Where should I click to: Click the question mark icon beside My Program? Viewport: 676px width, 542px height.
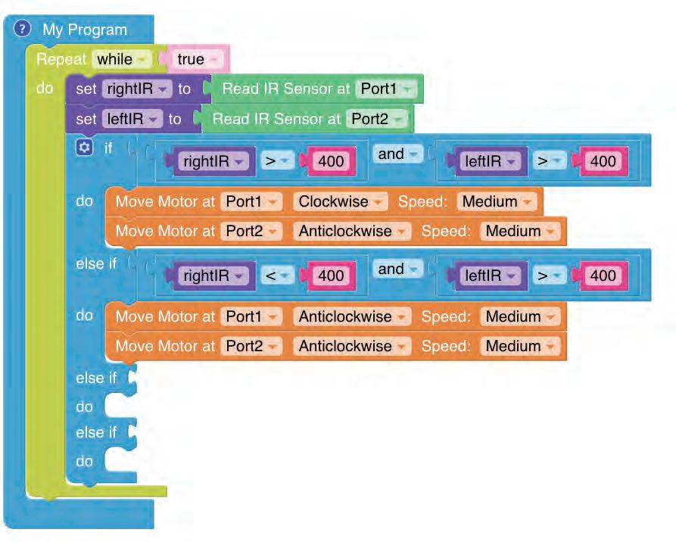click(x=23, y=30)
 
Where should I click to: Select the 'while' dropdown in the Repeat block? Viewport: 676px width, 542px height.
click(x=121, y=59)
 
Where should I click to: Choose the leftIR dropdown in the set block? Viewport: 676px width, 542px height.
click(x=132, y=119)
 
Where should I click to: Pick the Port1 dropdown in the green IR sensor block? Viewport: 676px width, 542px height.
click(x=386, y=89)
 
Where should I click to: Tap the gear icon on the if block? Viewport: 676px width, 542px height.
click(x=85, y=148)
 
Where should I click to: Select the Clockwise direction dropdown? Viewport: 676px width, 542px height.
click(x=338, y=201)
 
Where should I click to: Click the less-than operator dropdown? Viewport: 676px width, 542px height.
click(x=276, y=276)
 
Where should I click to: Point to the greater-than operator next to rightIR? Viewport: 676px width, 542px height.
click(x=276, y=160)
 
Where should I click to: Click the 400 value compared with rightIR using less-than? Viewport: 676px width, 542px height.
click(x=331, y=276)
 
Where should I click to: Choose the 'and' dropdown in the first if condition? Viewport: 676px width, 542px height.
click(x=397, y=154)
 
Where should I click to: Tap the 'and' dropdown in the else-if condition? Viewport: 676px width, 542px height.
click(x=397, y=269)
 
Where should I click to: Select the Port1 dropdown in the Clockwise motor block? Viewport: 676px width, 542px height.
click(x=251, y=201)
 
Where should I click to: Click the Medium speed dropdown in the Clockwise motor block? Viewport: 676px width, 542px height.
click(x=497, y=201)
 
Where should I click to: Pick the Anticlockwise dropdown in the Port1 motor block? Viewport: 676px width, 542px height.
click(x=351, y=316)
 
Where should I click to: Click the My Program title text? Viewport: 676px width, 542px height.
click(x=85, y=30)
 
